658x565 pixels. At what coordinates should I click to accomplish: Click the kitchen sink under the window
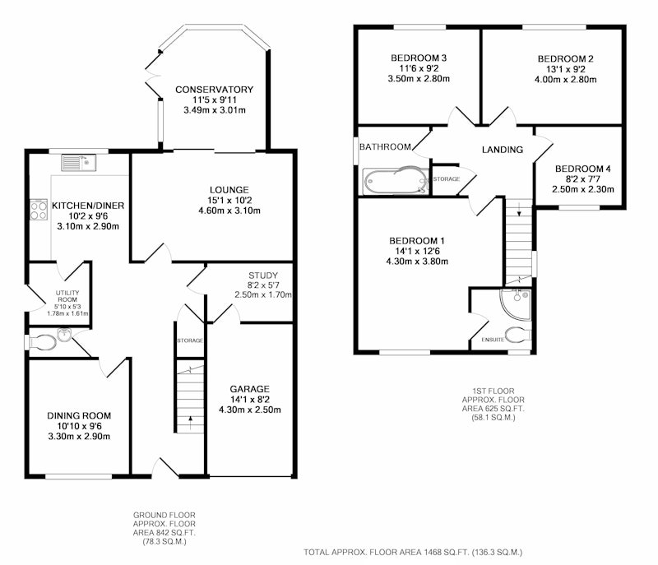click(79, 163)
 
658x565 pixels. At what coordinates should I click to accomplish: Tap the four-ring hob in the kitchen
click(38, 210)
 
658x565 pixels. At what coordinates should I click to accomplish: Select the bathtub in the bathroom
click(396, 181)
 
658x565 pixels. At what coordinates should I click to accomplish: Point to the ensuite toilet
click(518, 336)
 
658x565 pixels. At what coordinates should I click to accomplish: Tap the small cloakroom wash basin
click(64, 335)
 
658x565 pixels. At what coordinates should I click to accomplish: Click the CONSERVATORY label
click(214, 90)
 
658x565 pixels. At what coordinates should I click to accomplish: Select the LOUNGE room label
click(229, 190)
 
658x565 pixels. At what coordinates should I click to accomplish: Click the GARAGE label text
click(250, 389)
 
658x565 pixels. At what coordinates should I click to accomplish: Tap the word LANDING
click(503, 150)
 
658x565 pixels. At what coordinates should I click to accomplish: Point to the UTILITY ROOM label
click(67, 296)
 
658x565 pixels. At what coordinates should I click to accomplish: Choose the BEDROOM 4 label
click(583, 169)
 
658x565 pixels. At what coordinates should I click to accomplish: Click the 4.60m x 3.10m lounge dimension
click(229, 211)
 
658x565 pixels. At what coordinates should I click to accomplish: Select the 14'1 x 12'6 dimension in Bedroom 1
click(417, 252)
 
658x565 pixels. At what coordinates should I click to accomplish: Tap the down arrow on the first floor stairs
click(519, 209)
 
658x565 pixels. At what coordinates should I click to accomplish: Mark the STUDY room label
click(263, 276)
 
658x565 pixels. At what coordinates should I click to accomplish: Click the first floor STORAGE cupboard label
click(447, 179)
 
